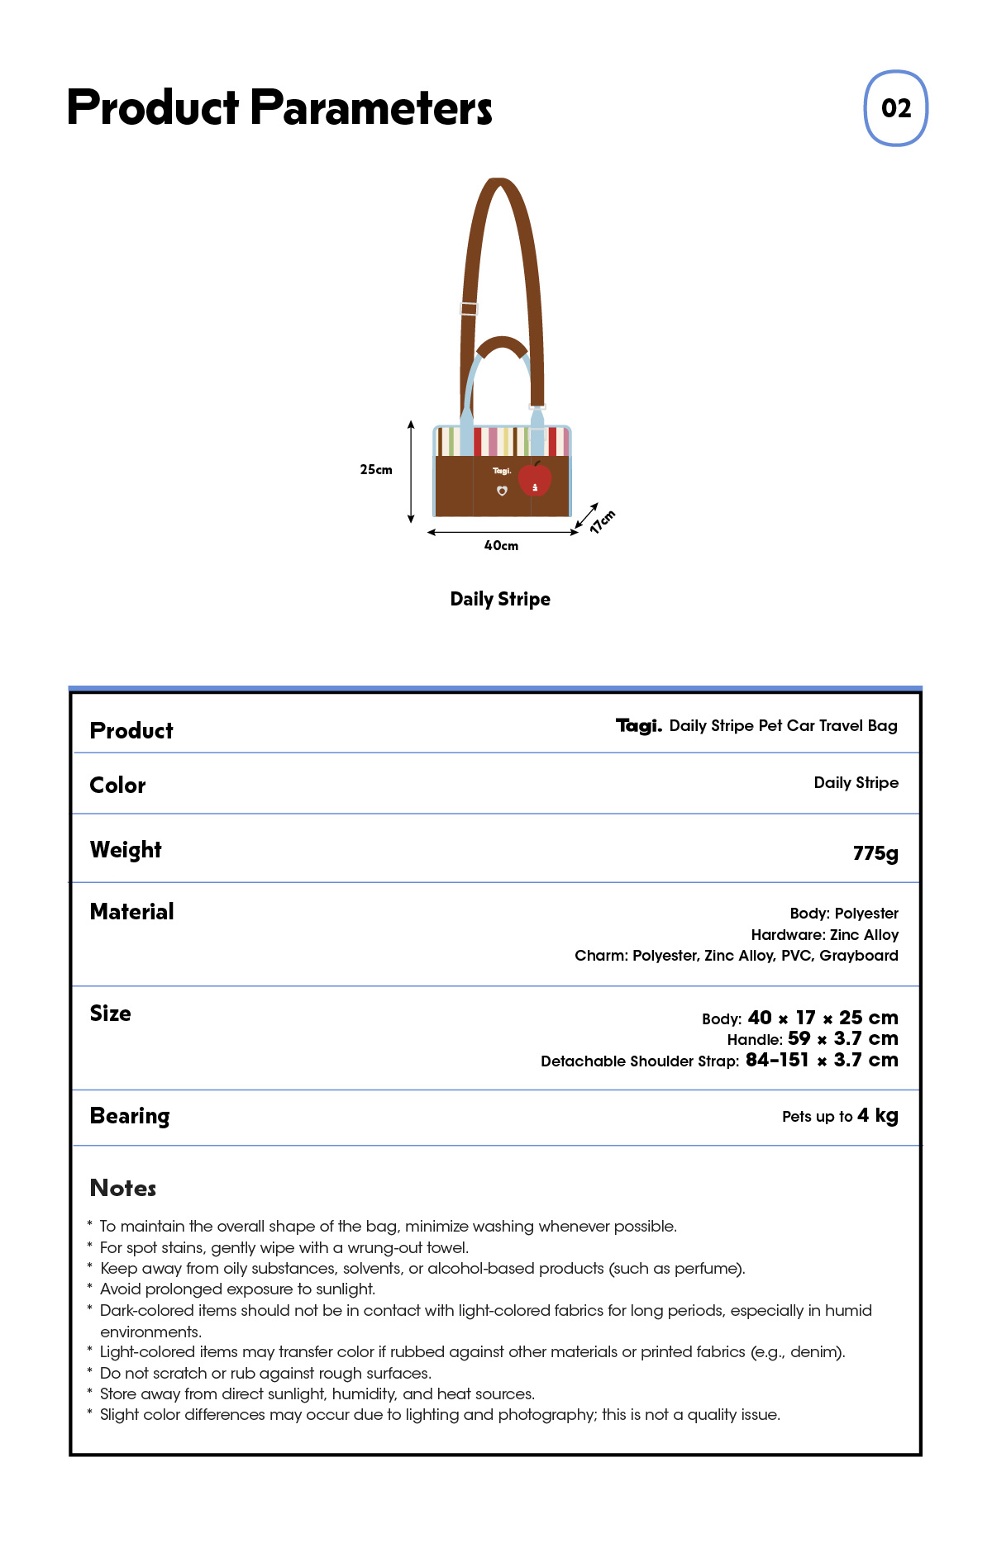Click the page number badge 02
[x=895, y=108]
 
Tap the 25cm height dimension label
[x=376, y=470]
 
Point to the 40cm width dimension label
[x=501, y=546]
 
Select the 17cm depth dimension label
[x=603, y=522]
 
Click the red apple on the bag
[x=535, y=478]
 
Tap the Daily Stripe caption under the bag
[x=500, y=600]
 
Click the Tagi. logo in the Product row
[x=638, y=726]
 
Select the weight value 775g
[x=875, y=853]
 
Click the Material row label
[x=131, y=912]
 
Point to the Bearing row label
[x=130, y=1116]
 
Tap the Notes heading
[x=123, y=1188]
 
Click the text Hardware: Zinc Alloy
[x=824, y=935]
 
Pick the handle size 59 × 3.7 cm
[x=842, y=1039]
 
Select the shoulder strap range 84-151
[x=777, y=1060]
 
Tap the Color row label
[x=117, y=786]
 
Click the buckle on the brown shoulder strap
[x=469, y=309]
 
